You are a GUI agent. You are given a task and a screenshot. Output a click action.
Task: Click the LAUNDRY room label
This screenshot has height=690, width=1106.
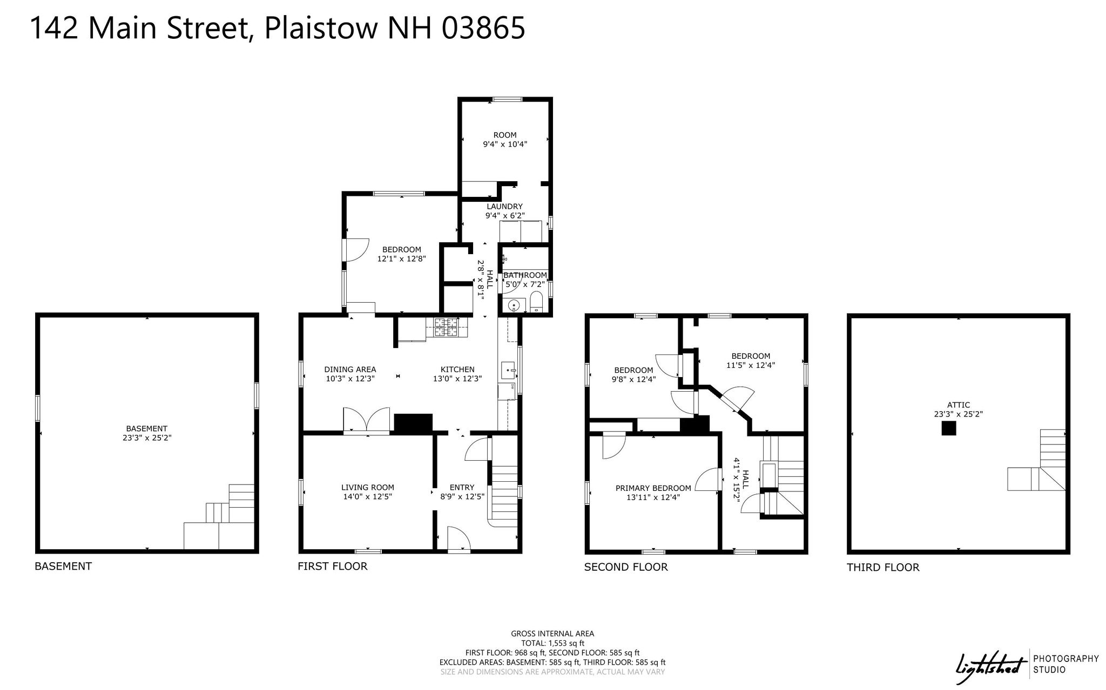coord(505,206)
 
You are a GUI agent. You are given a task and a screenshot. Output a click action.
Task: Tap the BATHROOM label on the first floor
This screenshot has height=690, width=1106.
coord(525,275)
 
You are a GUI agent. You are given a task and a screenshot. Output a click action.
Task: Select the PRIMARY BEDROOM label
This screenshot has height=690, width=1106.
coord(653,488)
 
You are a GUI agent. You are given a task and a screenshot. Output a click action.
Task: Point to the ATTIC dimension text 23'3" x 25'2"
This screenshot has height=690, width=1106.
coord(959,414)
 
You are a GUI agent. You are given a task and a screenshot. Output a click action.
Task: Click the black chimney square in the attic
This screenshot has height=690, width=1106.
coord(949,428)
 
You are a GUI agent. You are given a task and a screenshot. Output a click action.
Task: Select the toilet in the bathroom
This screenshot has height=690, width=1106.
coord(536,303)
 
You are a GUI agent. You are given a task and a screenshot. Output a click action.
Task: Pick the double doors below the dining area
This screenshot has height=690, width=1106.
coord(366,420)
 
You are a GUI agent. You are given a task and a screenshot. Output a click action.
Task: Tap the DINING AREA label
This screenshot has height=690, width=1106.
coord(350,370)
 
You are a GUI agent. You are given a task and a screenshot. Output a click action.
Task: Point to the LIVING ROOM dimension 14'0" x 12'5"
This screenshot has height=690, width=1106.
coord(367,496)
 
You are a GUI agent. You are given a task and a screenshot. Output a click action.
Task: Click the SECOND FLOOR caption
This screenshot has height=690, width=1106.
coord(626,567)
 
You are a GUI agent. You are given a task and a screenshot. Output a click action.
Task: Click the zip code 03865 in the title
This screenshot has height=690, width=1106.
coord(483,28)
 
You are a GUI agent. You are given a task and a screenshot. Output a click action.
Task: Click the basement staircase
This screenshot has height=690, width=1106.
coord(219,517)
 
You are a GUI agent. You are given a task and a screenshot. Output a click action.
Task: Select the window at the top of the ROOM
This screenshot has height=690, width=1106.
coord(508,99)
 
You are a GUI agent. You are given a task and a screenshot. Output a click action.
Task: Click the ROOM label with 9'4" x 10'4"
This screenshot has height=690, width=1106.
coord(505,140)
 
